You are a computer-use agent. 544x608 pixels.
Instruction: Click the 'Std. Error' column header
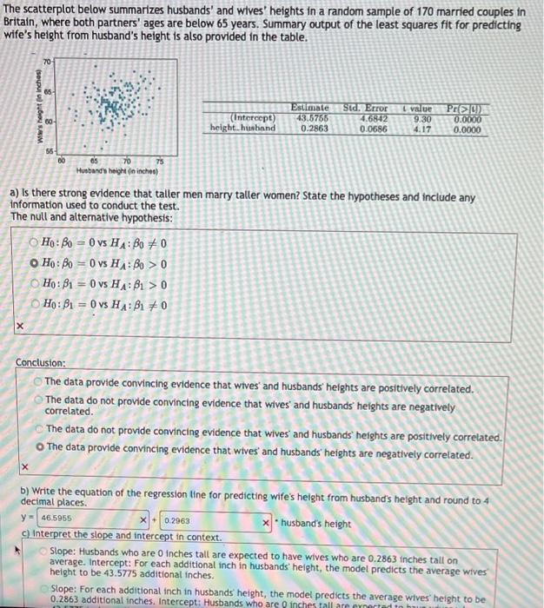click(x=365, y=108)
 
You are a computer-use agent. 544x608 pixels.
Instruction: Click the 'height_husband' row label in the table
click(x=242, y=128)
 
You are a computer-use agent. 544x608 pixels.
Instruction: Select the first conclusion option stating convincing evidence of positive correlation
click(x=37, y=388)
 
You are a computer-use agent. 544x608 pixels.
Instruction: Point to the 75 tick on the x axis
click(x=159, y=160)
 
